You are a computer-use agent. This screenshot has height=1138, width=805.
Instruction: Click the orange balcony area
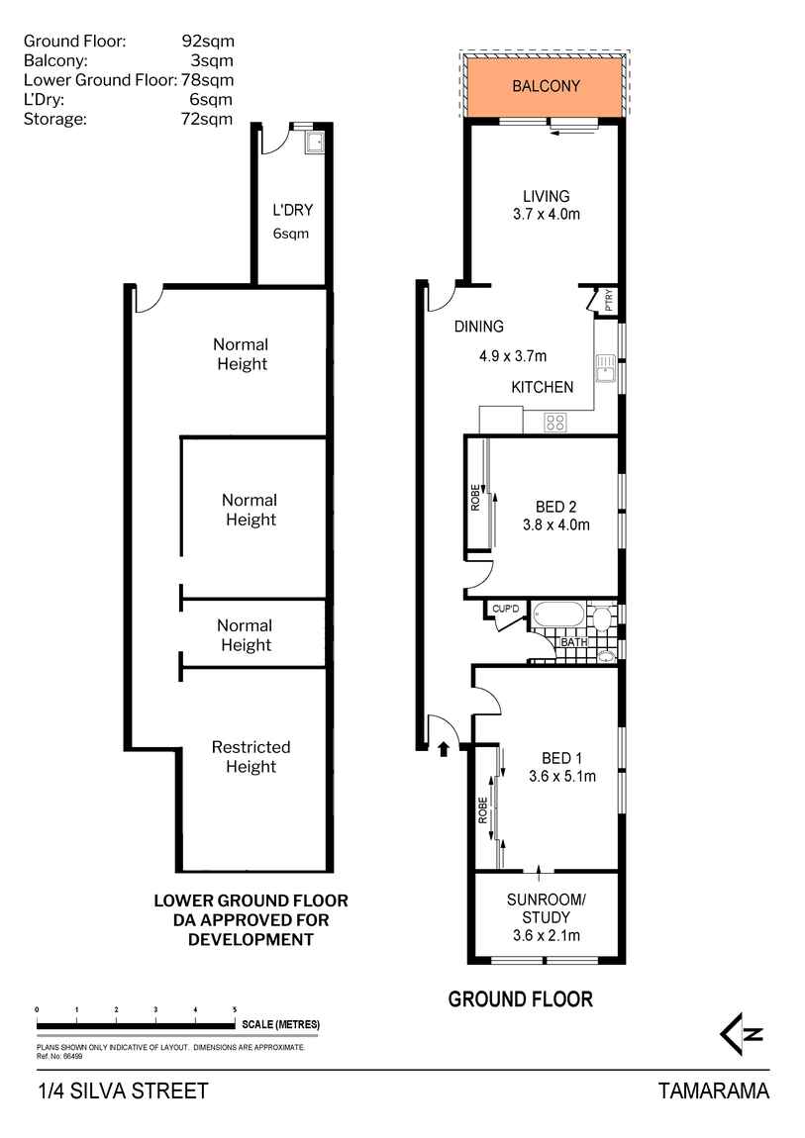click(x=545, y=86)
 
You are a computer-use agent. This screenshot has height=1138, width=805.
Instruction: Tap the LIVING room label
click(x=546, y=196)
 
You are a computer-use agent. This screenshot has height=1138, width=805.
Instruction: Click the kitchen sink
click(x=605, y=369)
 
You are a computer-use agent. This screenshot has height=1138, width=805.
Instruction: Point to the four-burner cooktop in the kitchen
click(x=555, y=422)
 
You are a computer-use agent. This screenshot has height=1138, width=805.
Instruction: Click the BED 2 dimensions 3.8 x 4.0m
click(x=555, y=525)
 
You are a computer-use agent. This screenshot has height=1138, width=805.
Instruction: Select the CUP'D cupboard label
click(x=505, y=609)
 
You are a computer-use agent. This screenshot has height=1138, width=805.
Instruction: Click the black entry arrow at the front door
click(x=444, y=748)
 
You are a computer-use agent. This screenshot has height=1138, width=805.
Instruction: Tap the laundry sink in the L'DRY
click(x=314, y=145)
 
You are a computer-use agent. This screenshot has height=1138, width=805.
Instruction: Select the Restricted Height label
click(x=251, y=757)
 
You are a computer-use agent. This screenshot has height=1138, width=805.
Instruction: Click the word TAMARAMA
click(x=713, y=1091)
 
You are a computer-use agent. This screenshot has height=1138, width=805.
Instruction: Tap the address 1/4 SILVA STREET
click(x=123, y=1091)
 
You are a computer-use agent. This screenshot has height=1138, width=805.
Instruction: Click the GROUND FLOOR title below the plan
click(x=520, y=999)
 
